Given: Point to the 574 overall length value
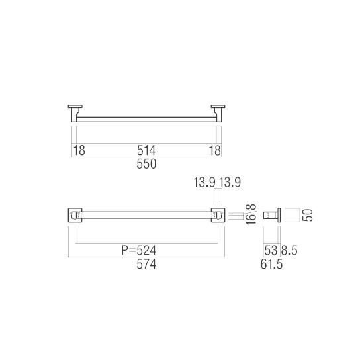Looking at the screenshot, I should pyautogui.click(x=146, y=264).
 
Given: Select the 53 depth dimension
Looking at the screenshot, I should pyautogui.click(x=270, y=251).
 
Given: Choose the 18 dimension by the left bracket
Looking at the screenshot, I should pyautogui.click(x=79, y=151).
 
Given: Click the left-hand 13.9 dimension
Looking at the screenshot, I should pyautogui.click(x=204, y=183).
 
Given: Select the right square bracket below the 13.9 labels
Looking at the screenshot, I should pyautogui.click(x=218, y=215).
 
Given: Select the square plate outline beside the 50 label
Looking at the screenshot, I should pyautogui.click(x=291, y=215).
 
